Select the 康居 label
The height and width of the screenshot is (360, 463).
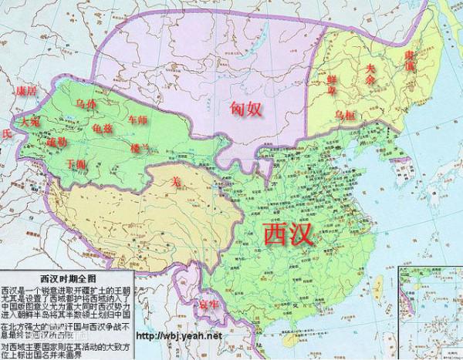(25, 92)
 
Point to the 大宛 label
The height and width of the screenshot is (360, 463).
(30, 122)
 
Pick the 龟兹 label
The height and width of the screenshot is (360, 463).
(101, 128)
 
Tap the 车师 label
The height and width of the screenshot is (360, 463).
(137, 120)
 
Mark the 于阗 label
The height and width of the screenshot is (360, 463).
(76, 163)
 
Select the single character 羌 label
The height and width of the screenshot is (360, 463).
(175, 183)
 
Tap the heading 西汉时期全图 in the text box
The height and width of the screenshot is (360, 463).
(69, 278)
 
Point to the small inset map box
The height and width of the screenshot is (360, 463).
(429, 313)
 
